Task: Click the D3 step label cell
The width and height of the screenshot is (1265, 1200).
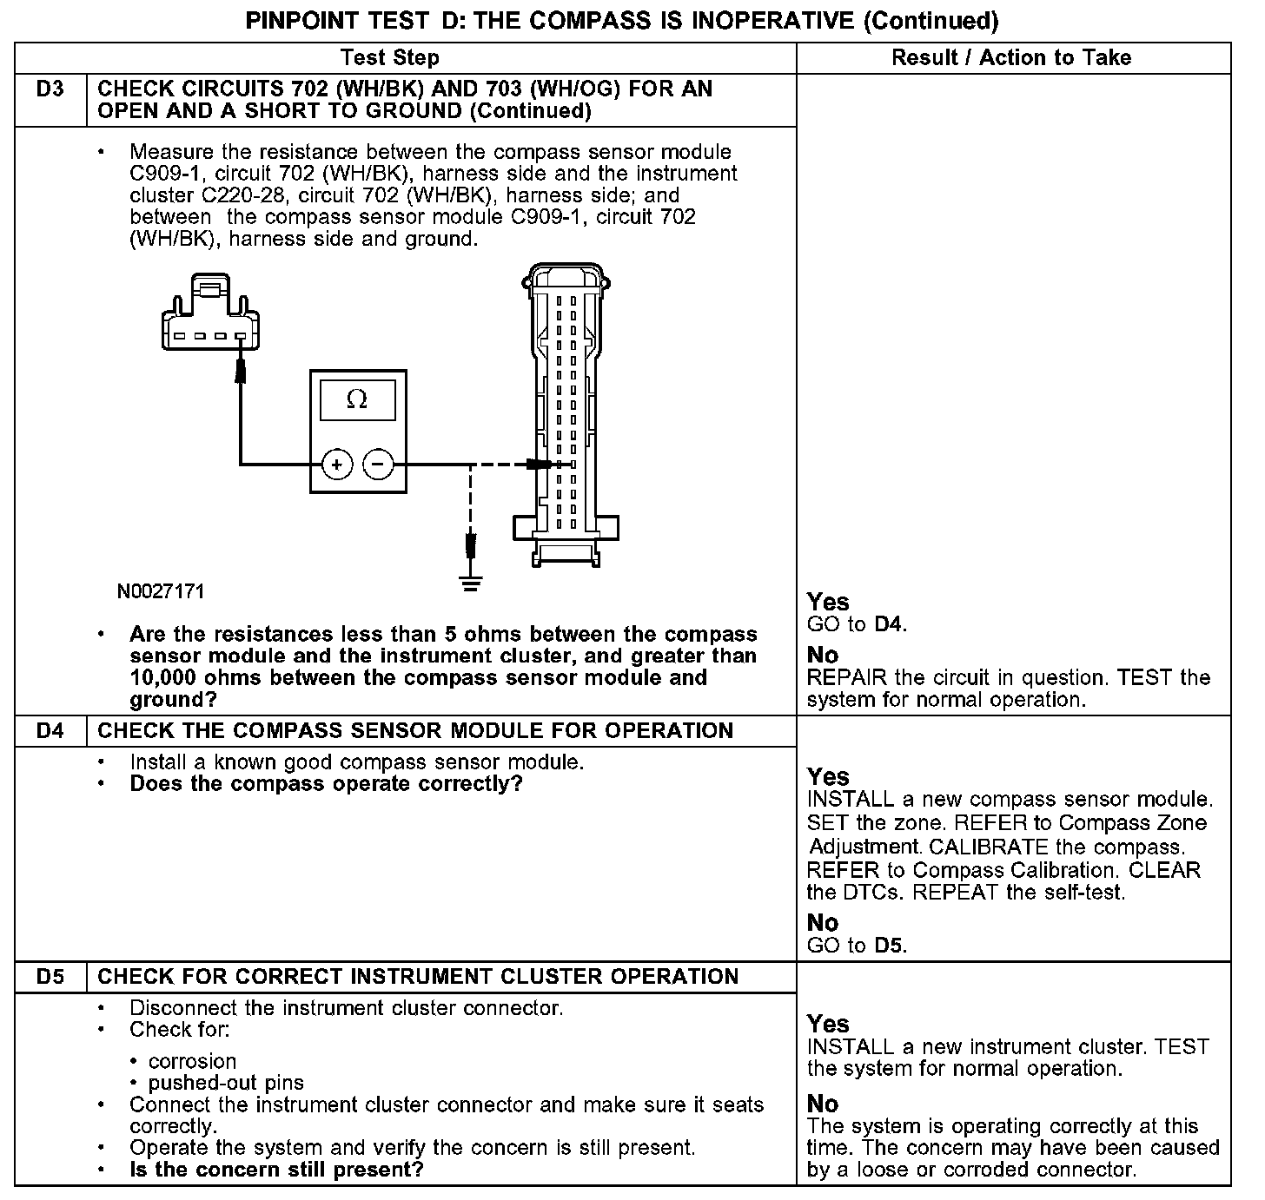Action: click(x=50, y=89)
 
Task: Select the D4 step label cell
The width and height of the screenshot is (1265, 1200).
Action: click(x=50, y=730)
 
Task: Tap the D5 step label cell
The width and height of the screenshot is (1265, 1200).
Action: click(x=50, y=976)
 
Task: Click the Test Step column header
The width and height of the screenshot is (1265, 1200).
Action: click(x=389, y=58)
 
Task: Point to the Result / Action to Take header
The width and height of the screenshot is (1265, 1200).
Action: click(x=1011, y=58)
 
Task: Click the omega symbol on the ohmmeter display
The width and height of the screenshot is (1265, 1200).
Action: click(x=356, y=399)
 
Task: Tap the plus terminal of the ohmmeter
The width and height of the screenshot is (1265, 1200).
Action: click(x=336, y=465)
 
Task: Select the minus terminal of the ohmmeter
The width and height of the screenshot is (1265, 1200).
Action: click(x=378, y=465)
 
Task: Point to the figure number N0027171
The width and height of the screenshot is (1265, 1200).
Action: click(x=161, y=592)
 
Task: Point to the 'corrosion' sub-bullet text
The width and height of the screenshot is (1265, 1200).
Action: click(x=192, y=1061)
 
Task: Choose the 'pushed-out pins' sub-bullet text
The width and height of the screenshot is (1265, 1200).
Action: click(x=226, y=1083)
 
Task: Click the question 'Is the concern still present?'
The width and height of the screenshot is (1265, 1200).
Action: click(x=276, y=1169)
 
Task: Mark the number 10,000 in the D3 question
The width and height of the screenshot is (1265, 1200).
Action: click(x=170, y=678)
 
